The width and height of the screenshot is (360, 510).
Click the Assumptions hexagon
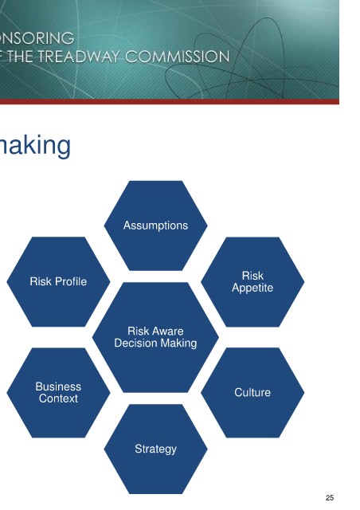155,226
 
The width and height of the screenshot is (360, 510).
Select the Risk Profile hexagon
58,281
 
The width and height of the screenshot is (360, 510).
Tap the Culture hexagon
252,393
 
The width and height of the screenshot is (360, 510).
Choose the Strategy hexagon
155,449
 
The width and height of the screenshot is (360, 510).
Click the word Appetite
252,288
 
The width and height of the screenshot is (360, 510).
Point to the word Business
58,386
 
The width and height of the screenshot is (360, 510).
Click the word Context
58,398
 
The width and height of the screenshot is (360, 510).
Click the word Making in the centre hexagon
178,343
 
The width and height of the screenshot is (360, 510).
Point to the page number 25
330,497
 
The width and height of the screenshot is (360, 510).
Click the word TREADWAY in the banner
79,57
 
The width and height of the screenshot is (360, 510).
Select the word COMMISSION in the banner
178,57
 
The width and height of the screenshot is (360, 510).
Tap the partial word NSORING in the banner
37,38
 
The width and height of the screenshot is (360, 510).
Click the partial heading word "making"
35,146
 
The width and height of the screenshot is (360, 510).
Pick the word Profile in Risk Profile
71,281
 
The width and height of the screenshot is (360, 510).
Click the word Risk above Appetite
252,276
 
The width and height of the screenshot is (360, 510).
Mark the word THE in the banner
21,57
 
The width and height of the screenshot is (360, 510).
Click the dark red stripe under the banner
170,101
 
